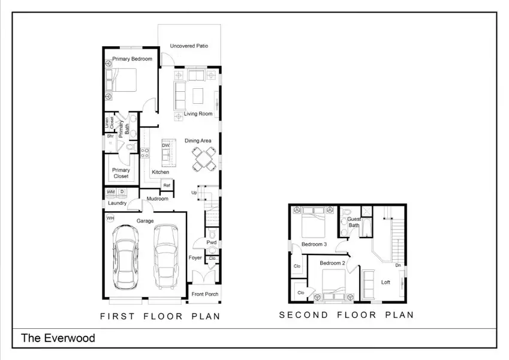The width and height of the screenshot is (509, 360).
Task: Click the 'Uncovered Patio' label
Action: (189, 46)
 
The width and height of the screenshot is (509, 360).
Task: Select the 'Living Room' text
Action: (198, 113)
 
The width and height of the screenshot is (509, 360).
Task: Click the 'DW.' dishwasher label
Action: (166, 146)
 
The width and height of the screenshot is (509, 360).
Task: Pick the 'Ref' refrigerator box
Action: (167, 185)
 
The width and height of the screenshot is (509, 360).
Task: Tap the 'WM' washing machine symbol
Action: (111, 192)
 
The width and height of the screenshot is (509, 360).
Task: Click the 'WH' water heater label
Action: (110, 218)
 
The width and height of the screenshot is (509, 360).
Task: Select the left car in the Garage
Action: (127, 256)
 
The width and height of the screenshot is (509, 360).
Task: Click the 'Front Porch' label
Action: (205, 294)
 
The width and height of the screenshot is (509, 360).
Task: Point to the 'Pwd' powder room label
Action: (212, 243)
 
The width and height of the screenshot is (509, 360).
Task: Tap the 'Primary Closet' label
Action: (121, 173)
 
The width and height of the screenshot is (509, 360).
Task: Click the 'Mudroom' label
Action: (157, 199)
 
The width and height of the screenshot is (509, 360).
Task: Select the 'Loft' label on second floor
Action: (385, 282)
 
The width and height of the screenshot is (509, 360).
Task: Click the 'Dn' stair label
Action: (399, 265)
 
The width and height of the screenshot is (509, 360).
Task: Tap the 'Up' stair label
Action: (194, 193)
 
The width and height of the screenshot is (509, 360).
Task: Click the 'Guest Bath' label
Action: (354, 223)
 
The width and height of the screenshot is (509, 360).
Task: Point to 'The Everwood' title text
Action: (58, 338)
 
